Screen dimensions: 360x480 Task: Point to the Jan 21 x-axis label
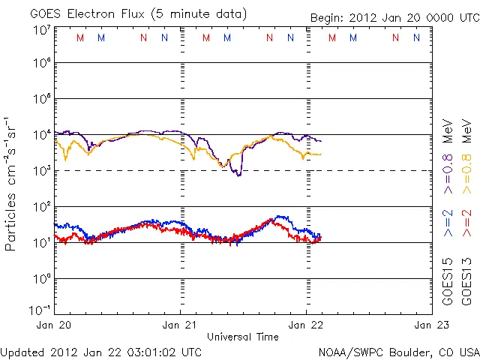click(x=181, y=325)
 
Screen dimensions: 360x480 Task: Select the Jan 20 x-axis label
click(x=56, y=325)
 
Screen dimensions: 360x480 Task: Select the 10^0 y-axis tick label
click(x=40, y=279)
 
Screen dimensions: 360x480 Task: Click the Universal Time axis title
click(x=243, y=337)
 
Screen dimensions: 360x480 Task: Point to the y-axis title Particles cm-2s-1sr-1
click(x=11, y=184)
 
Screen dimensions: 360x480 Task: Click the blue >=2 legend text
click(x=448, y=223)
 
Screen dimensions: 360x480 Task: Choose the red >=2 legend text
click(x=466, y=223)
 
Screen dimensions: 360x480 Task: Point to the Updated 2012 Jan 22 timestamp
click(x=101, y=352)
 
